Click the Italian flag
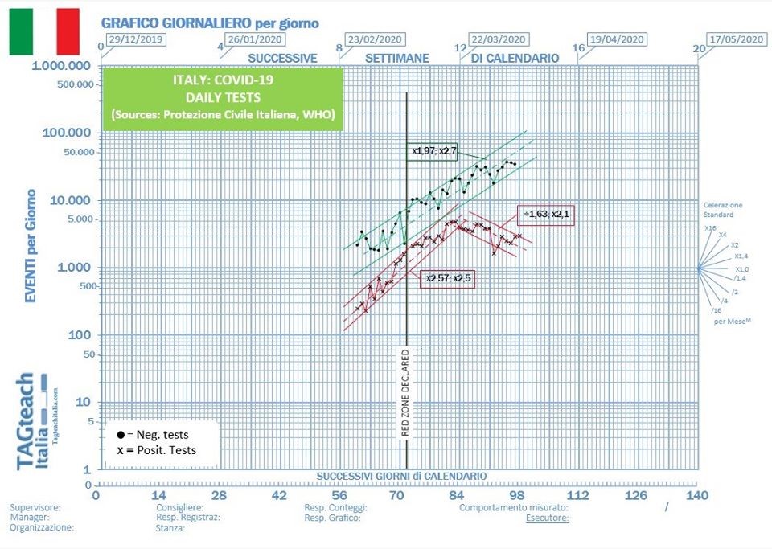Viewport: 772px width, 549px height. pos(44,31)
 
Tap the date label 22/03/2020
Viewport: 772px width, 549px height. pos(498,39)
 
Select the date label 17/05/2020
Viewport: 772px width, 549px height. pos(736,39)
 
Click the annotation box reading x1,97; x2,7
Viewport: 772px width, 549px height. pos(433,150)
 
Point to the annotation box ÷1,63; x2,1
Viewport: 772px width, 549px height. pos(547,214)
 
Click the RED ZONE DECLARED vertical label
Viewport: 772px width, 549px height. pos(406,393)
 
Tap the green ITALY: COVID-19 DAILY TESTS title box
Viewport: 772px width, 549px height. pos(223,98)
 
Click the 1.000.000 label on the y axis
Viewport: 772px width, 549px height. pos(60,66)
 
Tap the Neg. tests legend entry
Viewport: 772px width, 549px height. pos(152,434)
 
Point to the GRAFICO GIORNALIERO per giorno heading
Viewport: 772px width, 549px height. pos(209,23)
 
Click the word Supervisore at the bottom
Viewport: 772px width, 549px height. pos(35,508)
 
